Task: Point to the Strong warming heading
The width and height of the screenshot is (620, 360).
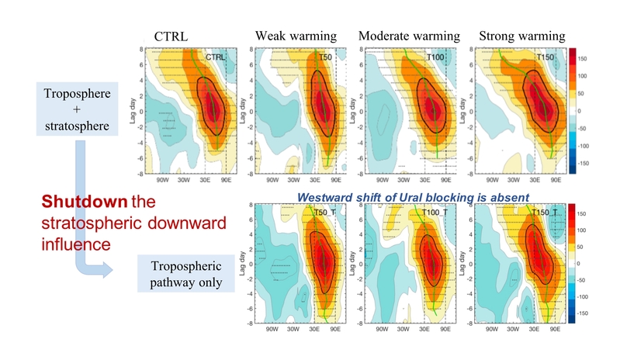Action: (x=522, y=36)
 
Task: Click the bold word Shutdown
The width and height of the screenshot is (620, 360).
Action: (x=77, y=202)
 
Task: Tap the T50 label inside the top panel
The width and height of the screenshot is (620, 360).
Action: (x=329, y=57)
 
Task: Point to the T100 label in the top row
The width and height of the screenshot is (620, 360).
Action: (x=437, y=57)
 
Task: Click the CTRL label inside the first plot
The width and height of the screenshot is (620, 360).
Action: (x=216, y=57)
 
